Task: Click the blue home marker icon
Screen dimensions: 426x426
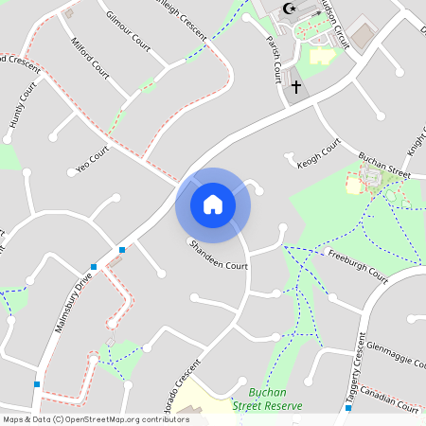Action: coord(212,204)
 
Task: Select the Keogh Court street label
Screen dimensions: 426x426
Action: coord(319,151)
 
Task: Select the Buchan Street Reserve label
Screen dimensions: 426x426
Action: coord(268,399)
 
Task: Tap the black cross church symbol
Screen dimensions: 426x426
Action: coord(295,87)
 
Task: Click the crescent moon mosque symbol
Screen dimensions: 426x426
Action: coord(289,9)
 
